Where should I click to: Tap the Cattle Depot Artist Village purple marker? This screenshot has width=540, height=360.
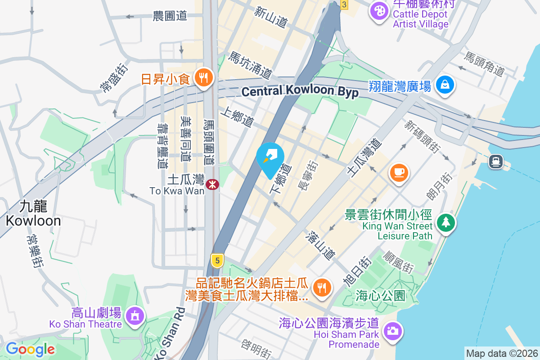(x=380, y=10)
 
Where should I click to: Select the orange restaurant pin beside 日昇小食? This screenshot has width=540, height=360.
(x=203, y=78)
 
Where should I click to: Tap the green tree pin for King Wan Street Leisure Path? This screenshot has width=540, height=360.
(x=445, y=222)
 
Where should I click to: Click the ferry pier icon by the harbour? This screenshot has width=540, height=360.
(x=496, y=161)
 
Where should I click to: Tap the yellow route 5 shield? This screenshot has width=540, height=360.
(x=217, y=260)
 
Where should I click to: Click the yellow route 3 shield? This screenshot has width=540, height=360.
(x=344, y=4)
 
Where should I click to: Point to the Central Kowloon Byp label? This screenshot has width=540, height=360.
(x=300, y=91)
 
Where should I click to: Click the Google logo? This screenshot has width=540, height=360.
(x=30, y=349)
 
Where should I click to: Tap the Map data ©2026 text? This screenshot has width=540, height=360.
(x=501, y=353)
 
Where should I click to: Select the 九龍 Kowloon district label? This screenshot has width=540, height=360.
(x=33, y=213)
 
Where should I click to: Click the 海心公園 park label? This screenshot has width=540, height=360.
(x=380, y=296)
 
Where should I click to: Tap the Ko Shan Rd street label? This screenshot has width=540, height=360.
(x=169, y=333)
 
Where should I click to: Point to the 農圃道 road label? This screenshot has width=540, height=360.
(x=170, y=16)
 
